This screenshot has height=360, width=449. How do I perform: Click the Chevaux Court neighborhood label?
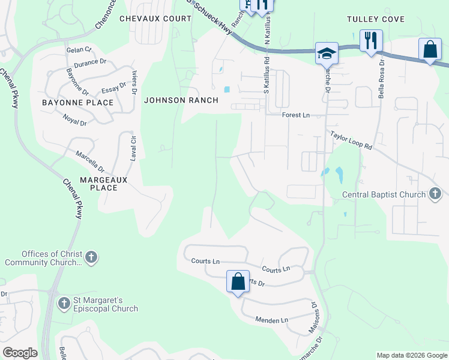pos(155,19)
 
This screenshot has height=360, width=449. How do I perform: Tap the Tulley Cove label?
pos(376,19)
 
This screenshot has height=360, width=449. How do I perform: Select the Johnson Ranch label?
pos(181,100)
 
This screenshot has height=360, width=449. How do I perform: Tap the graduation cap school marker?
pos(326,53)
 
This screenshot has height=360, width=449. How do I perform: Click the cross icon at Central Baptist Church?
pos(435,194)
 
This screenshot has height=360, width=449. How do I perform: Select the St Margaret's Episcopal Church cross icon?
pos(64,303)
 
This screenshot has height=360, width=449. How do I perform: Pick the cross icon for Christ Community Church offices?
pos(91,257)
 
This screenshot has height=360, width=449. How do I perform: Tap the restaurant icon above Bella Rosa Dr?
pos(371,41)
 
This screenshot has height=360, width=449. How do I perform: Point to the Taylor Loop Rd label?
pos(351,141)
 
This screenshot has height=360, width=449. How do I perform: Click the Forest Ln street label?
pos(296,115)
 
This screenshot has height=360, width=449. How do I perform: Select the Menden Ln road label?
pos(271,320)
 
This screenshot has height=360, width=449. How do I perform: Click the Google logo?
pos(20,353)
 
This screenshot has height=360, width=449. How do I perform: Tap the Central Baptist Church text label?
pos(384,194)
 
